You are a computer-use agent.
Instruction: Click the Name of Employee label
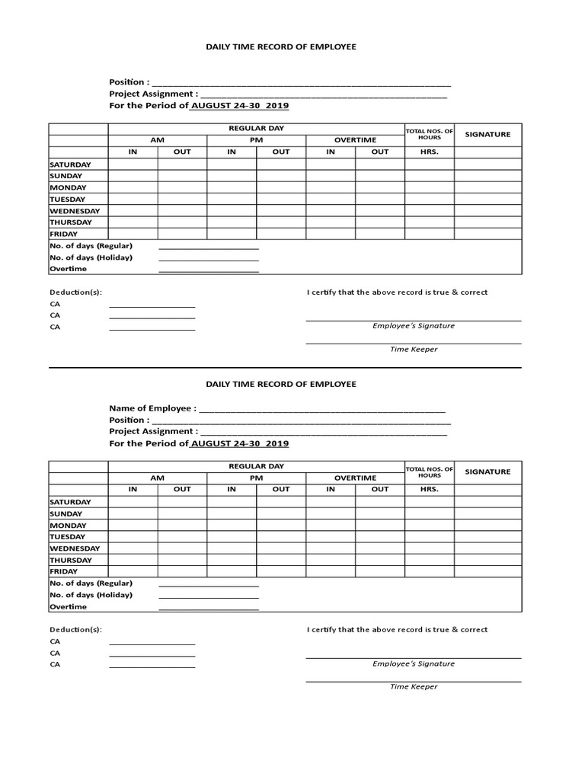pyautogui.click(x=152, y=408)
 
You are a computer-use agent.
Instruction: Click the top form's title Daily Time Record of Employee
pyautogui.click(x=281, y=46)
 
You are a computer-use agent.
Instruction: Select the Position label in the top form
pyautogui.click(x=129, y=82)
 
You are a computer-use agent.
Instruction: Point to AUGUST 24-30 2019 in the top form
pyautogui.click(x=239, y=106)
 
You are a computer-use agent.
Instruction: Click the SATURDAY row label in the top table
pyautogui.click(x=70, y=165)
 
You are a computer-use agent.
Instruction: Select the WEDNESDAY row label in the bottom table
pyautogui.click(x=75, y=548)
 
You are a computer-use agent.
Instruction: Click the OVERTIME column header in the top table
pyautogui.click(x=355, y=140)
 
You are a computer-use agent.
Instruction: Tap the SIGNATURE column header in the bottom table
pyautogui.click(x=487, y=472)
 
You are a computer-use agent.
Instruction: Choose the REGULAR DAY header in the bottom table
pyautogui.click(x=256, y=466)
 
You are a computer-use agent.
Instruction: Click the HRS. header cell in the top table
pyautogui.click(x=429, y=152)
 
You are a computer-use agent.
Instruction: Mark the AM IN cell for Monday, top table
pyautogui.click(x=133, y=187)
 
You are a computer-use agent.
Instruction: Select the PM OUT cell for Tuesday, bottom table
pyautogui.click(x=281, y=537)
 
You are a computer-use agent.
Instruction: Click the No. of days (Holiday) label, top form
pyautogui.click(x=91, y=257)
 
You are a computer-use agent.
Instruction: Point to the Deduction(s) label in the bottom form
pyautogui.click(x=75, y=630)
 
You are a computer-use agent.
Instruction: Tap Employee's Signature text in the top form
pyautogui.click(x=413, y=326)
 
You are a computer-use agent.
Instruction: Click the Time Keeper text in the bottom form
pyautogui.click(x=414, y=686)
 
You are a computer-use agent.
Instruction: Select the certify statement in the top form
pyautogui.click(x=397, y=292)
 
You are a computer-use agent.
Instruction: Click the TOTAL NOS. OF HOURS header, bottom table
pyautogui.click(x=429, y=472)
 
